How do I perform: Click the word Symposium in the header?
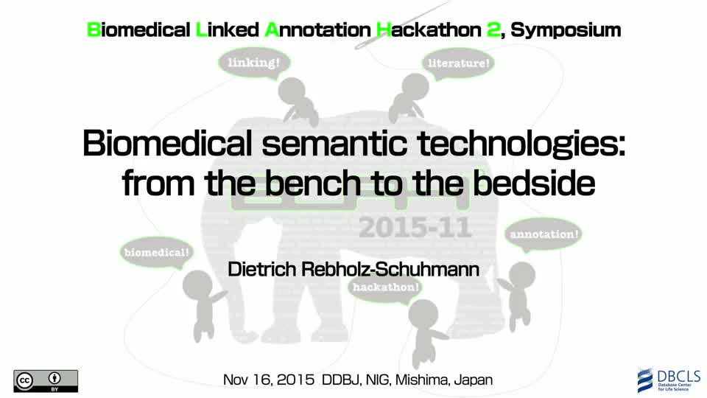pos(566,30)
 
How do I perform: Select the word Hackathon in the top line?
pos(429,29)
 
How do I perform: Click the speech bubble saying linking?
pos(254,64)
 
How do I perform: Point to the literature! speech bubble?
pos(458,64)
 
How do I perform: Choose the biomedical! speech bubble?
pos(157,253)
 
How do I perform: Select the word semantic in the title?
pos(334,144)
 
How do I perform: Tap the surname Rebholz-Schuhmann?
pos(390,270)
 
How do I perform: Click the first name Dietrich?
pos(262,270)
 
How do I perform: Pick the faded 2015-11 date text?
pos(415,228)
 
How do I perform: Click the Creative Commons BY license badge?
pos(46,381)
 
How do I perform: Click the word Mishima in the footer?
pos(422,380)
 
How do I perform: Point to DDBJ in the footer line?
pos(341,380)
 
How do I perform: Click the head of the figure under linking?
pos(292,90)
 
